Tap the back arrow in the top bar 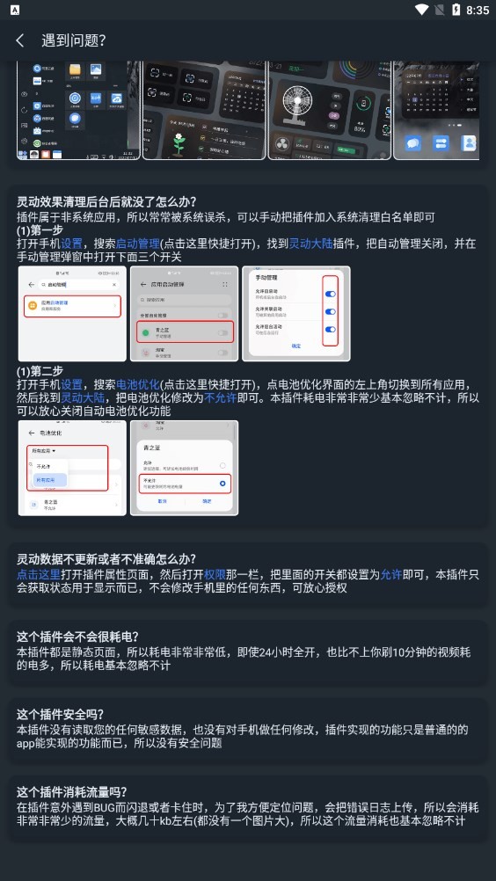tap(20, 40)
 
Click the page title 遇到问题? tap(74, 40)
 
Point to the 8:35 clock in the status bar tap(478, 10)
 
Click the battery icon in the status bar tap(456, 10)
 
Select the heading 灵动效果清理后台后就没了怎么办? tap(106, 201)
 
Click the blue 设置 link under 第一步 tap(72, 243)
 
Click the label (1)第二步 tap(40, 371)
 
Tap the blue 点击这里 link tap(39, 573)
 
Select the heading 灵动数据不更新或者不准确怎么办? tap(106, 559)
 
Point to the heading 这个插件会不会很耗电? tap(77, 637)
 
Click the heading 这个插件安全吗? tap(60, 714)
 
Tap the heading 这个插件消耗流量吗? tap(71, 791)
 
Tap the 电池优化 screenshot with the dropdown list tap(71, 468)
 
